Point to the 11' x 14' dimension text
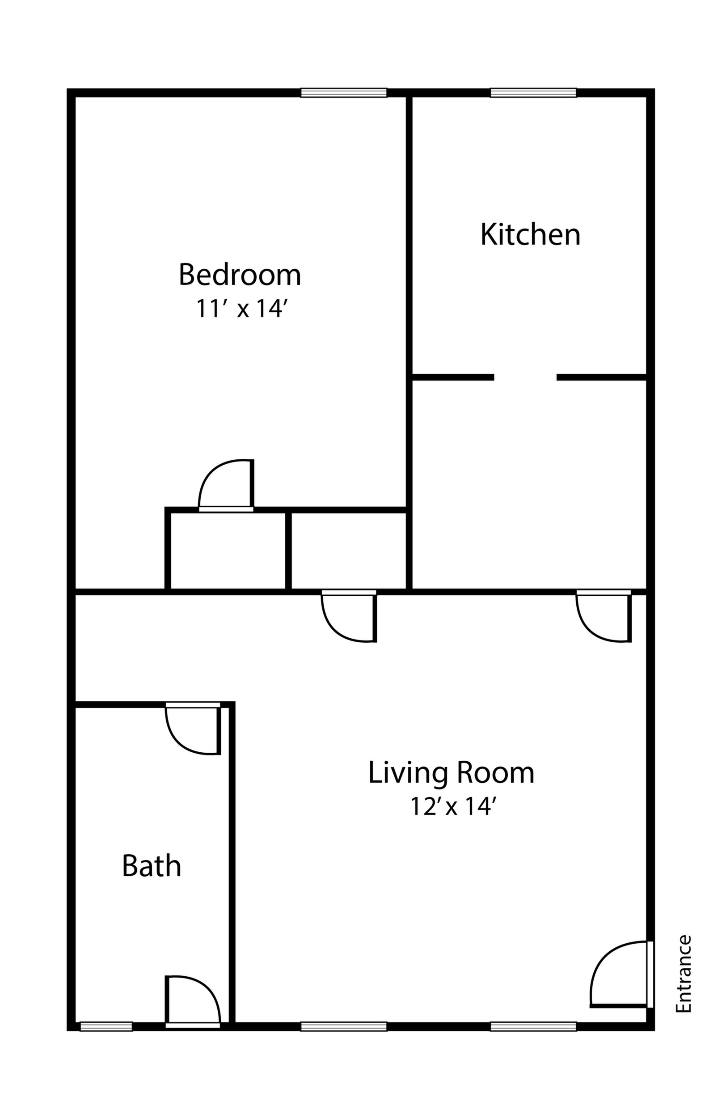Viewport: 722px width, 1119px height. [x=241, y=309]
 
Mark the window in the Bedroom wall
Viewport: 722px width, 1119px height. [x=344, y=93]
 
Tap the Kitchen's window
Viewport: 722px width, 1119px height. [x=533, y=93]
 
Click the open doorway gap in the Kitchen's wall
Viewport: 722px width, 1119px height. [x=525, y=377]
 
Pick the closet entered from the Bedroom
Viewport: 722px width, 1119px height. [x=228, y=551]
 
